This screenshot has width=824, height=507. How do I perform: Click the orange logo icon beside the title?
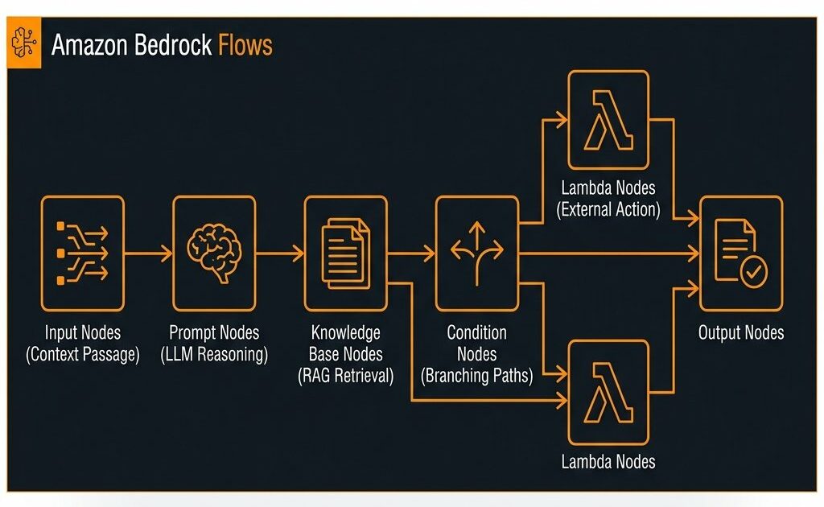point(24,45)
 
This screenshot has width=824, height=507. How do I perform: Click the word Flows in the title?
point(245,45)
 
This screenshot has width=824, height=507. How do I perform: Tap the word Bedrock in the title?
point(172,45)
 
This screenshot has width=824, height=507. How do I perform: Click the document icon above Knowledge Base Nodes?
point(344,253)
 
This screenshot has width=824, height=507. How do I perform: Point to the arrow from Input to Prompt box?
point(148,253)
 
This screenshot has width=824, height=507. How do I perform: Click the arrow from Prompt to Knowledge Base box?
point(280,253)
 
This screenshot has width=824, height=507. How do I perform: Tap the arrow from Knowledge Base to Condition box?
point(411,253)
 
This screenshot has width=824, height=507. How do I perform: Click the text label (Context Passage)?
point(82,354)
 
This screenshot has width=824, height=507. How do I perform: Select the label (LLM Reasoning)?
point(213,354)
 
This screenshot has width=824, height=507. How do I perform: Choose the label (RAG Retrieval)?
point(345,375)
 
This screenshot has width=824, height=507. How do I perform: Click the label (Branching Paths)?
point(476,375)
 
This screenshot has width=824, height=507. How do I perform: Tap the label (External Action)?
point(608,211)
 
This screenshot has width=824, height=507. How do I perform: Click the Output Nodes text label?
point(740,333)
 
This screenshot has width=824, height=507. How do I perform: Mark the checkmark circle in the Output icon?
point(754,274)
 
